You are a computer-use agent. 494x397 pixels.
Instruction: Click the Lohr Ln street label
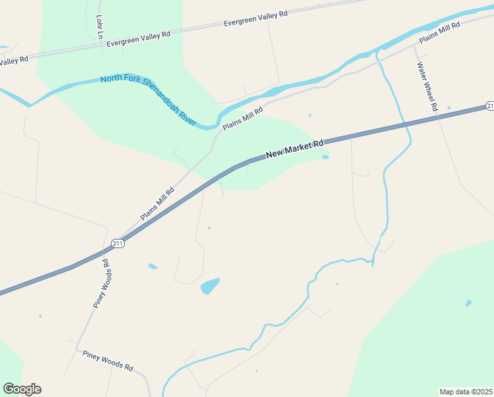coord(100,26)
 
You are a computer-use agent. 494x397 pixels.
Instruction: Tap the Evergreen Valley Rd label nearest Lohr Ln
coord(139,38)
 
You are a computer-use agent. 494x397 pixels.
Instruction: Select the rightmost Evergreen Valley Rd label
coord(256,19)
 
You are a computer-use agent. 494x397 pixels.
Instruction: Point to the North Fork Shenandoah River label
coord(149,100)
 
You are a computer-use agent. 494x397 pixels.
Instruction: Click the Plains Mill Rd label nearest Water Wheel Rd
coord(439,32)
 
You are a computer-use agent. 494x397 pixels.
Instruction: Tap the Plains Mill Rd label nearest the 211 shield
coord(157,204)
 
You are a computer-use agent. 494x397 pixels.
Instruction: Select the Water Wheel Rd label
coord(427,87)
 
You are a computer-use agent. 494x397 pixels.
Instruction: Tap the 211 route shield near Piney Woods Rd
coord(118,243)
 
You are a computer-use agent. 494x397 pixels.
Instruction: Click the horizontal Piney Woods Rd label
coord(108,361)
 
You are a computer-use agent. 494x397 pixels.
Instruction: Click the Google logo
coord(22,389)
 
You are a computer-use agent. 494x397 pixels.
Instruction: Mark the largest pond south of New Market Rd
coord(210,286)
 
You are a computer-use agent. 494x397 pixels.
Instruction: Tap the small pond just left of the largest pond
coord(153,267)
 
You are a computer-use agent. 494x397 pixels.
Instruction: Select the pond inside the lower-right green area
coord(468,304)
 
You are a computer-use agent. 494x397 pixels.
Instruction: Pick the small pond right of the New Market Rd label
coord(325,157)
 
